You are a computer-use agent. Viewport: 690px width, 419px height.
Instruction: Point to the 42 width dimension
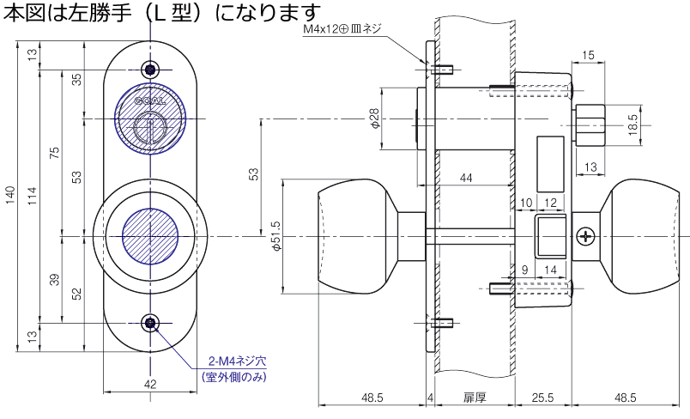[x=150, y=384]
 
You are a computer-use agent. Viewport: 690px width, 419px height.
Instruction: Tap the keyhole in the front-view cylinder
[x=151, y=129]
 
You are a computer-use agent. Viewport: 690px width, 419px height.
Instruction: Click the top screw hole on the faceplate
[x=151, y=70]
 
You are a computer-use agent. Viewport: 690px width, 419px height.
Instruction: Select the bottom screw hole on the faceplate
[x=151, y=322]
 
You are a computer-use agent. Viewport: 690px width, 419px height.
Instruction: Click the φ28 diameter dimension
[x=375, y=118]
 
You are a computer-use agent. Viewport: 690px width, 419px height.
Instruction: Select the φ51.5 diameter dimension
[x=277, y=236]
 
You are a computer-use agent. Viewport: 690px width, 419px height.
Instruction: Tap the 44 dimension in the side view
[x=467, y=178]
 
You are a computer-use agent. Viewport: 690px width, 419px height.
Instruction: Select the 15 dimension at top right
[x=588, y=56]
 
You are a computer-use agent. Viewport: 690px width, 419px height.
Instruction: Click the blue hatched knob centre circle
[x=151, y=234]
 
